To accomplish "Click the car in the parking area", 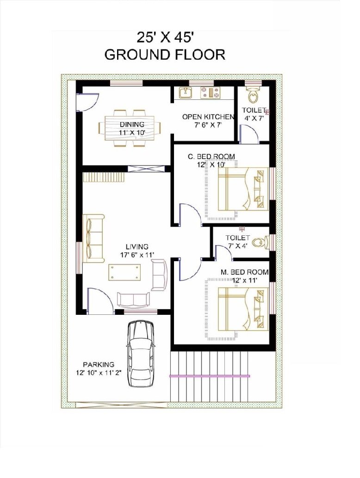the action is [x=140, y=354].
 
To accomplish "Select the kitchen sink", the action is [x=185, y=92].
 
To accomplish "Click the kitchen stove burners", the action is [x=210, y=92].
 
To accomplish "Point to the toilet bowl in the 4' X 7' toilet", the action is [x=253, y=96].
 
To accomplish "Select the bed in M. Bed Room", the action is [x=243, y=309].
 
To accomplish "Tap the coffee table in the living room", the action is [x=125, y=272].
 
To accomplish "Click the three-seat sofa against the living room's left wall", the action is [x=93, y=239].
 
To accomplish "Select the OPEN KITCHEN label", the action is [x=208, y=117].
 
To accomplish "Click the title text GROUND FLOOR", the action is [x=165, y=55].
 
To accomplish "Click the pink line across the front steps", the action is [x=210, y=376].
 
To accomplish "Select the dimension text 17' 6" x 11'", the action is [x=137, y=255].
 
